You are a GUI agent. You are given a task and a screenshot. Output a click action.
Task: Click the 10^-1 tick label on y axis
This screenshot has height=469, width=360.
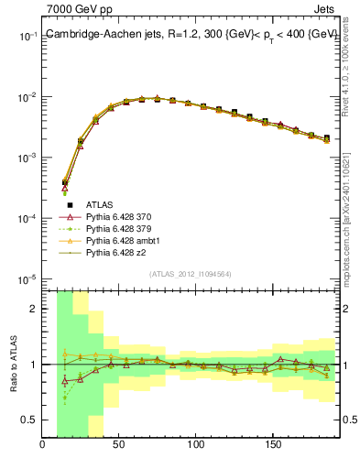(x=27, y=37)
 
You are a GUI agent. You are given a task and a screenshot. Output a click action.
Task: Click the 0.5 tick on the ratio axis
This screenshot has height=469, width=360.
(x=29, y=420)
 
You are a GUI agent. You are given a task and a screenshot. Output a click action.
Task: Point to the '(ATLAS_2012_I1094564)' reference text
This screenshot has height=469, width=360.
(x=189, y=274)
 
